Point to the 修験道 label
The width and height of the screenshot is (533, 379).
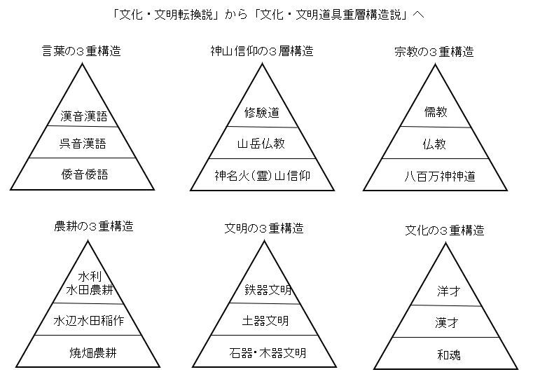click(x=262, y=113)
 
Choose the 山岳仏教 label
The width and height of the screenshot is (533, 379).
click(x=262, y=144)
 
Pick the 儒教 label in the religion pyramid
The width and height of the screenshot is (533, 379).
click(x=436, y=112)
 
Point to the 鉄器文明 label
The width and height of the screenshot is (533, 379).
click(x=268, y=290)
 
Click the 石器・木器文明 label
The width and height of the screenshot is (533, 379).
click(x=268, y=352)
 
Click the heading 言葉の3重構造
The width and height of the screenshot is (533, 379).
click(x=82, y=51)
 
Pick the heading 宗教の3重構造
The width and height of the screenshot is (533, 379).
click(x=434, y=52)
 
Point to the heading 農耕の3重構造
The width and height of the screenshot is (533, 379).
click(x=94, y=226)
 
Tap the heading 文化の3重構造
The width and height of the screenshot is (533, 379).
click(x=445, y=230)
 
